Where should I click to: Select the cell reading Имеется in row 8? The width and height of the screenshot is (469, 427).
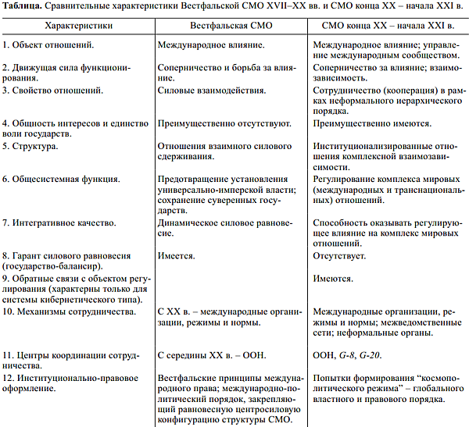(176, 255)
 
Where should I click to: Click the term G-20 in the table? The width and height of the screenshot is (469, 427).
(377, 356)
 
